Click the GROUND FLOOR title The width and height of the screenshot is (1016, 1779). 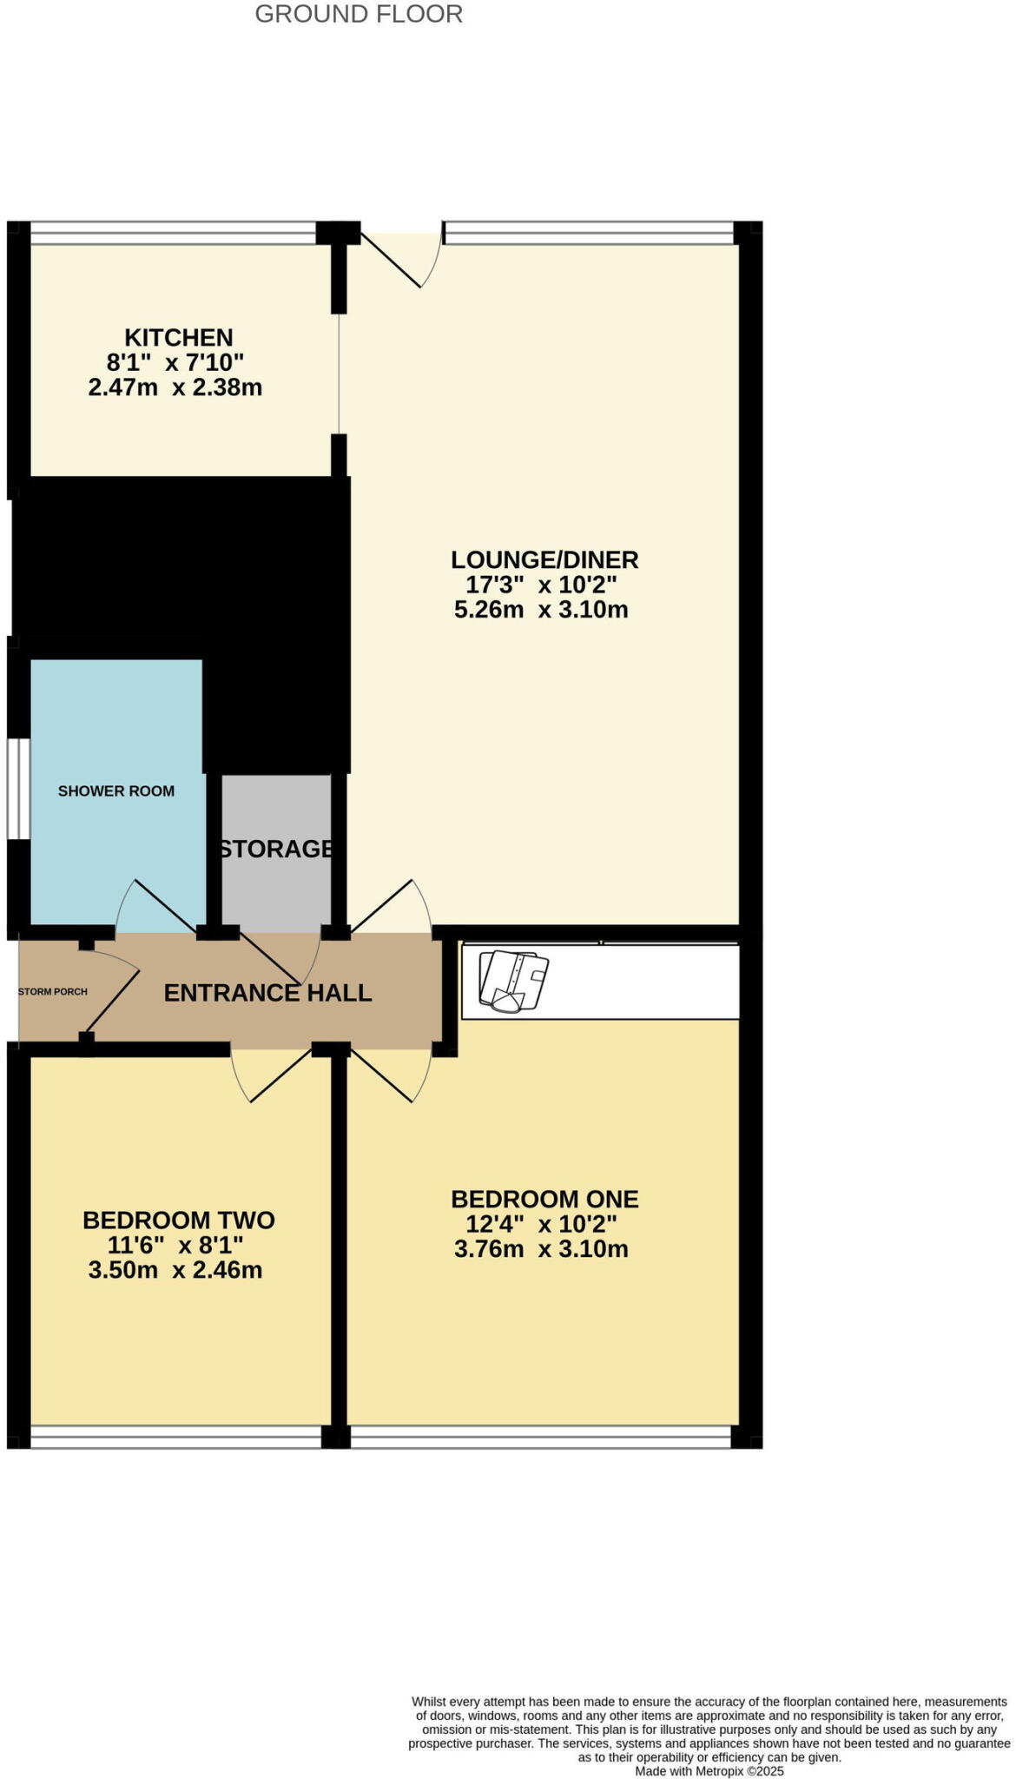359,14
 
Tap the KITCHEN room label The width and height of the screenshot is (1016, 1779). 178,337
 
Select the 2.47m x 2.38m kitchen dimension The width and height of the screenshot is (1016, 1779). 175,387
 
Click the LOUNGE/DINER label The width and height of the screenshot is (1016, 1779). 544,559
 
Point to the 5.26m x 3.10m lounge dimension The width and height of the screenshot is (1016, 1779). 541,610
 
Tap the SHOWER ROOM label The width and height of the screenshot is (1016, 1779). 116,791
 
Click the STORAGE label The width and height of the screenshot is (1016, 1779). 276,849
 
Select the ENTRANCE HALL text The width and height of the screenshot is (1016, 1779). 267,993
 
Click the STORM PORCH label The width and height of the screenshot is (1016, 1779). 53,992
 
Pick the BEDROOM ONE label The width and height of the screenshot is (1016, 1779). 544,1200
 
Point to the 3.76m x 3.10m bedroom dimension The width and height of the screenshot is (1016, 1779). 541,1250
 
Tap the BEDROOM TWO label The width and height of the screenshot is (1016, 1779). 179,1220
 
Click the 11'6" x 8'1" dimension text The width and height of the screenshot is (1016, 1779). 175,1246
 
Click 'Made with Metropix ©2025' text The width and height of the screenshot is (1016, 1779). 709,1771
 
